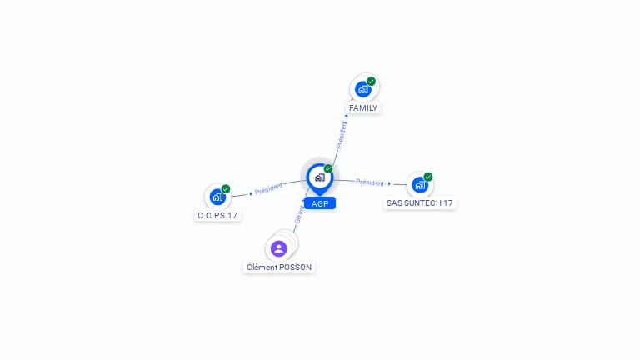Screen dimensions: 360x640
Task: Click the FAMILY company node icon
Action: pos(362,89)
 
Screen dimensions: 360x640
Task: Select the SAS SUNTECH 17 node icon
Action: pos(419,184)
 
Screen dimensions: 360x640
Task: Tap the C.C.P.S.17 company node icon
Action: pos(217,197)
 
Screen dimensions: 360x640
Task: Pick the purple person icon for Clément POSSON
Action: pos(279,248)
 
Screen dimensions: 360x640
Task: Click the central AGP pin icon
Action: pos(319,177)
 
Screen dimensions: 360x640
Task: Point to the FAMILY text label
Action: pos(363,108)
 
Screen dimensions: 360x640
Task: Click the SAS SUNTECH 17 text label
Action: pos(420,203)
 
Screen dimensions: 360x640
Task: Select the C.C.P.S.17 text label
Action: pos(217,216)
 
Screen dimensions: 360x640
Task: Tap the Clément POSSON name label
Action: pos(279,267)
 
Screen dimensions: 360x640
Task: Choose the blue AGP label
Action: pos(320,203)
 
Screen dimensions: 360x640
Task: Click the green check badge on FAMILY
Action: pos(372,82)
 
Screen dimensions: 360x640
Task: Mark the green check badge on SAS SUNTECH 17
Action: pos(428,177)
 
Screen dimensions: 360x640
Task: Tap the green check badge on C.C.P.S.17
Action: pos(226,189)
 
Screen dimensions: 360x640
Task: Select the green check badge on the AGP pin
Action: pos(328,169)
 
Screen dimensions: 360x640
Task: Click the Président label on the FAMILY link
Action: pos(341,135)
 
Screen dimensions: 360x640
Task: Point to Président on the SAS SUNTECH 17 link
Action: pos(370,182)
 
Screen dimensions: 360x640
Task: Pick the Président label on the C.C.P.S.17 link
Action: pos(269,188)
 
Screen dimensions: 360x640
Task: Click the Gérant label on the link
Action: pos(299,213)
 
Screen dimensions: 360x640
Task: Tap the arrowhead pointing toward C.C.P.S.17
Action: pos(251,193)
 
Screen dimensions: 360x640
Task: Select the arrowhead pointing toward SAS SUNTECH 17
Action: pos(389,183)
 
